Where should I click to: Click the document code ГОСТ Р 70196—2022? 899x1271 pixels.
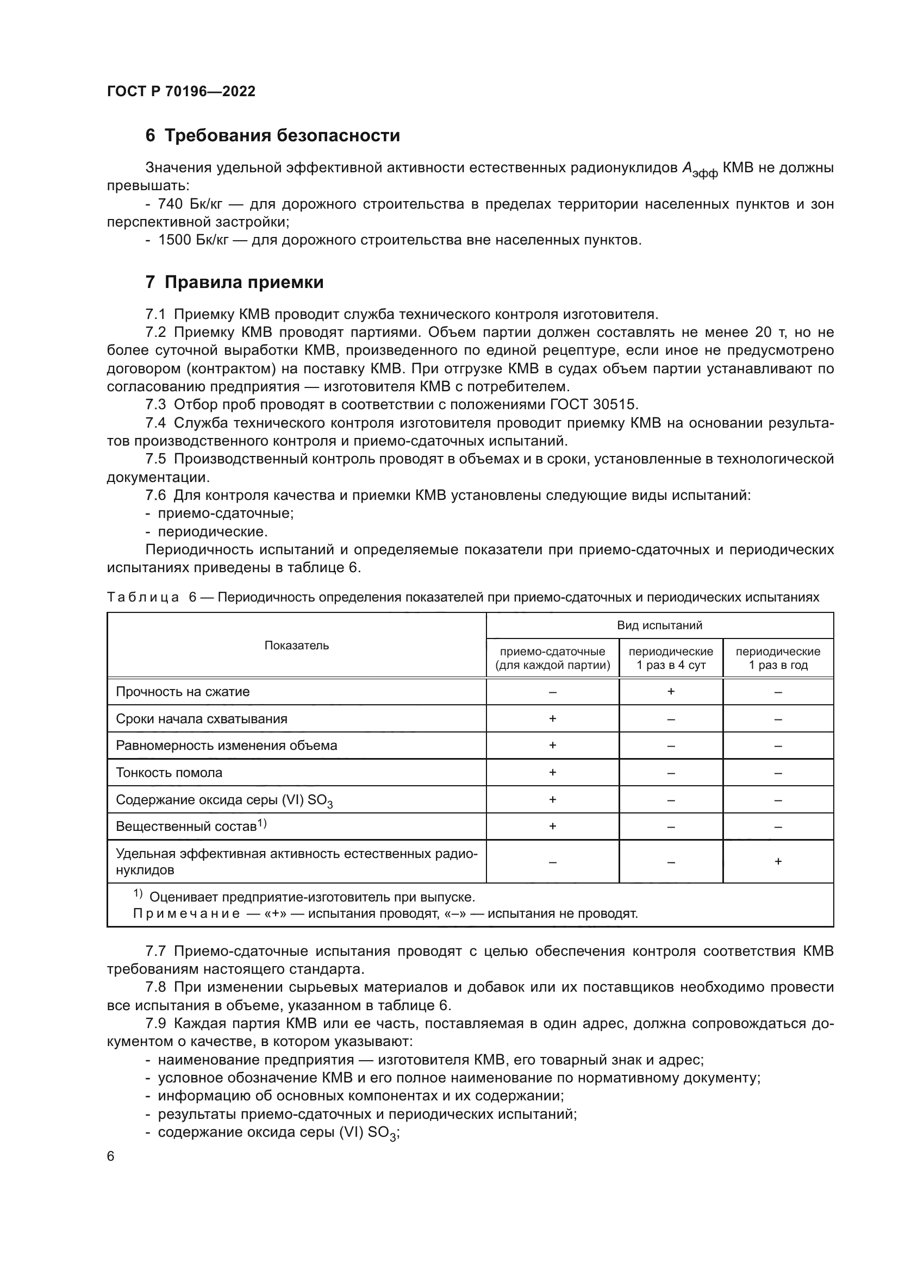pos(181,91)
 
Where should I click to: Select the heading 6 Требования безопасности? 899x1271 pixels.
pos(272,136)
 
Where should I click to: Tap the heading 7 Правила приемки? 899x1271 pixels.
pos(234,283)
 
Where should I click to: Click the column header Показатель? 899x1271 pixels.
pos(296,645)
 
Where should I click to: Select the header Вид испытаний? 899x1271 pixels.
pos(659,625)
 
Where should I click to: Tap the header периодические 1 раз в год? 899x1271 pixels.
pos(777,658)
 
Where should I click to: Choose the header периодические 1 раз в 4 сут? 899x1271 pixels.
pos(670,658)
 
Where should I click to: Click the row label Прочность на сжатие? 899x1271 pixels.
pos(183,691)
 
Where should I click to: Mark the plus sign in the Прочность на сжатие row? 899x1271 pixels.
pos(670,691)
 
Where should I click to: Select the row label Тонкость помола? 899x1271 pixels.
pos(169,772)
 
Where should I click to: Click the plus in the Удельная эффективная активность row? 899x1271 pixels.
pos(777,861)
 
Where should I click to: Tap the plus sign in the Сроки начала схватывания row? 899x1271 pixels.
pos(552,718)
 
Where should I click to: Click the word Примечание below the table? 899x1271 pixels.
pos(186,913)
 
